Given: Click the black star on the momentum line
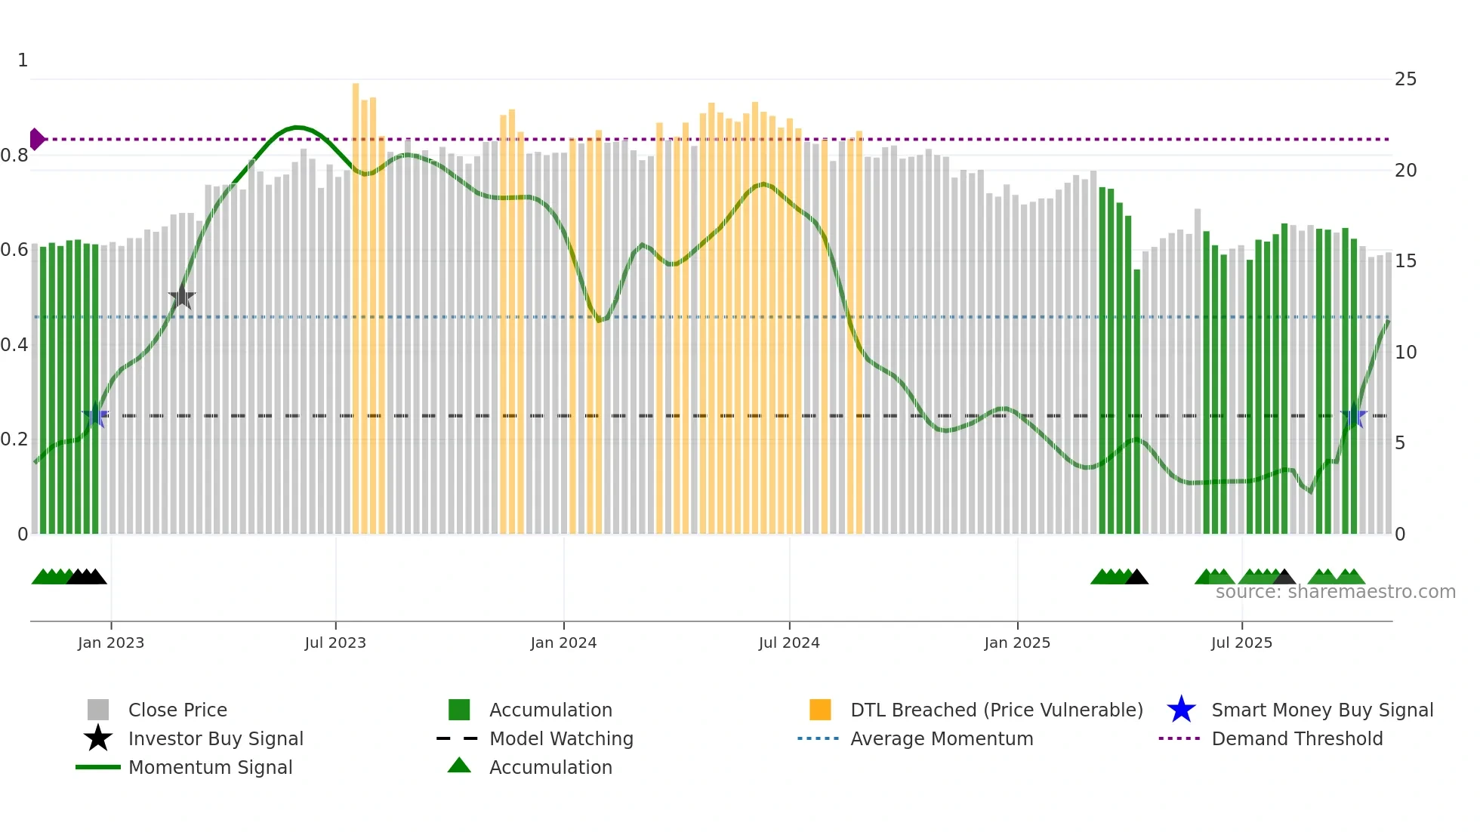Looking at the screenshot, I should tap(182, 297).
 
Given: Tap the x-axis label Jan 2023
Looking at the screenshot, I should tap(110, 642).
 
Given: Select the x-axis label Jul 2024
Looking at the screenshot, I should tap(789, 642).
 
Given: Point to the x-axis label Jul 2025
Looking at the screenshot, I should tap(1241, 642).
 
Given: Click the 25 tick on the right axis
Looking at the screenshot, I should tap(1405, 79).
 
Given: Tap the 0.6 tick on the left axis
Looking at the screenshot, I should tap(15, 250).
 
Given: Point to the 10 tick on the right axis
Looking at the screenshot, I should tap(1405, 353).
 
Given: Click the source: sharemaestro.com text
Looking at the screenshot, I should tap(1335, 592).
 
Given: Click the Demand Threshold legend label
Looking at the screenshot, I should tap(1297, 738).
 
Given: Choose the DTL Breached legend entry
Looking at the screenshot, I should tap(996, 710).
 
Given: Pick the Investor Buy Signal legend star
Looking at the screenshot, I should tap(98, 738).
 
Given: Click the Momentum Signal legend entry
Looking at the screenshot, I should tap(210, 767).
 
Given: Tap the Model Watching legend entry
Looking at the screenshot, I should tap(560, 738).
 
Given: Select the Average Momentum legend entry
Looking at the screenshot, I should tap(941, 738).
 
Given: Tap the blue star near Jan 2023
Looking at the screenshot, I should tap(95, 416).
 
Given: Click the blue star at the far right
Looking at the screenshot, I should tap(1353, 416).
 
